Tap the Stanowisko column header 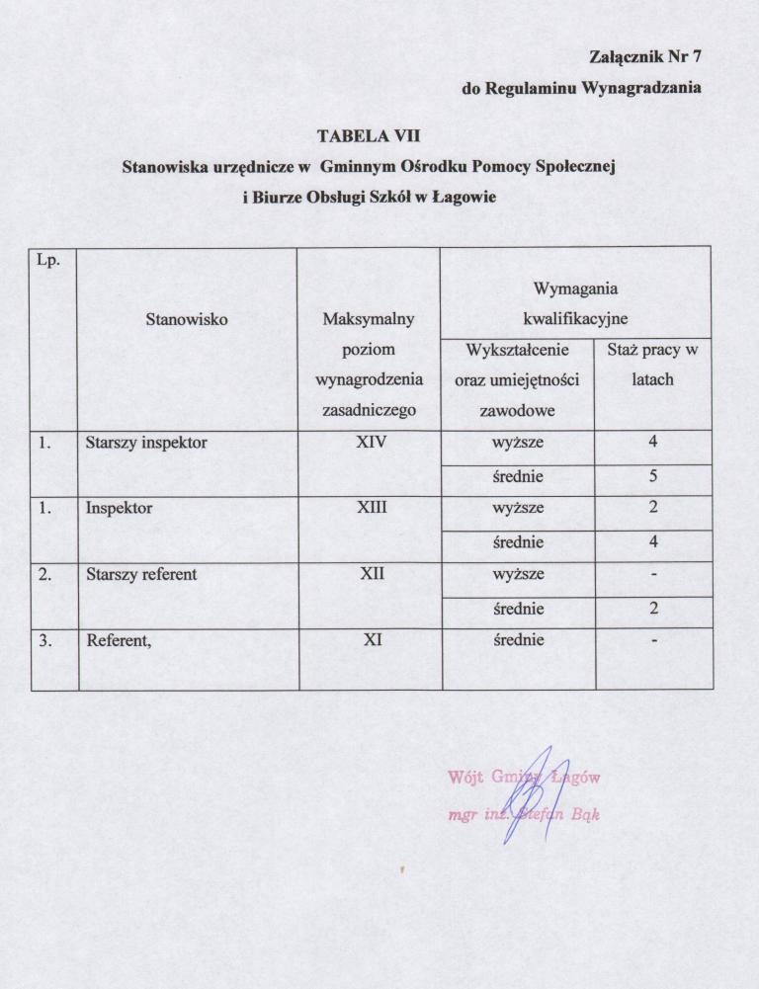pyautogui.click(x=187, y=320)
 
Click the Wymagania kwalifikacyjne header pyautogui.click(x=575, y=304)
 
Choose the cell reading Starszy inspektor pyautogui.click(x=146, y=443)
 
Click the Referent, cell pyautogui.click(x=119, y=639)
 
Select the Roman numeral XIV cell pyautogui.click(x=371, y=443)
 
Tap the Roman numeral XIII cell pyautogui.click(x=371, y=509)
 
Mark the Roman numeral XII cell pyautogui.click(x=371, y=574)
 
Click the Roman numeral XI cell pyautogui.click(x=371, y=639)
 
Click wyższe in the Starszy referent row pyautogui.click(x=518, y=574)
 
